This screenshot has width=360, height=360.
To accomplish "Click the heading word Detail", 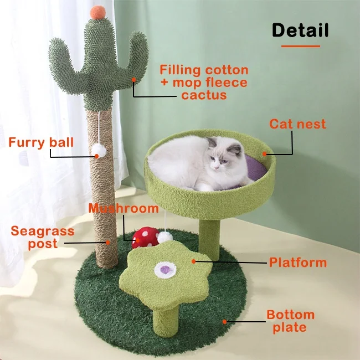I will pos(300,30).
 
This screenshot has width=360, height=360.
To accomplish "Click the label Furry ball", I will pos(41,142).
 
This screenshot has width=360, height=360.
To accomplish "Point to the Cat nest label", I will pos(298,124).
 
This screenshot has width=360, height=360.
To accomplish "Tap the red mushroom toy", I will pos(145,236).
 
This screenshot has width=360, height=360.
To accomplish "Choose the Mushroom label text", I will pos(124,208).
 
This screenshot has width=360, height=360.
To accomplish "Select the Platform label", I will pos(298,262).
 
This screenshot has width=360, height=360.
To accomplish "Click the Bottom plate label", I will pos(290,321).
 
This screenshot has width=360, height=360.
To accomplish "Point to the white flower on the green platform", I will pos(164,270).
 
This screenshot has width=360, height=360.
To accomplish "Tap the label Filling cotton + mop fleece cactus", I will pos(204,83).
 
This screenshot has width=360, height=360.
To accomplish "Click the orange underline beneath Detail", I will pos(300,46).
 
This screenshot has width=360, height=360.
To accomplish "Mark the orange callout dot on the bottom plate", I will pos(225,321).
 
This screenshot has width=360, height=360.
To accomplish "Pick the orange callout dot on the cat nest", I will pos(265,153).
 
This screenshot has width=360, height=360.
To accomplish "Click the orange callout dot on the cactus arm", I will pos(133,79).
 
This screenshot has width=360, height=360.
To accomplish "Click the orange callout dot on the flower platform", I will pos(193,260).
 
